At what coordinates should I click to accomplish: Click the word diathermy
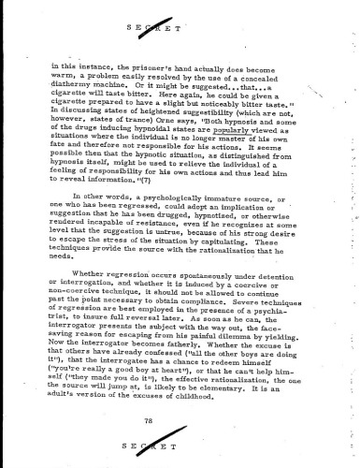[83, 93]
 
